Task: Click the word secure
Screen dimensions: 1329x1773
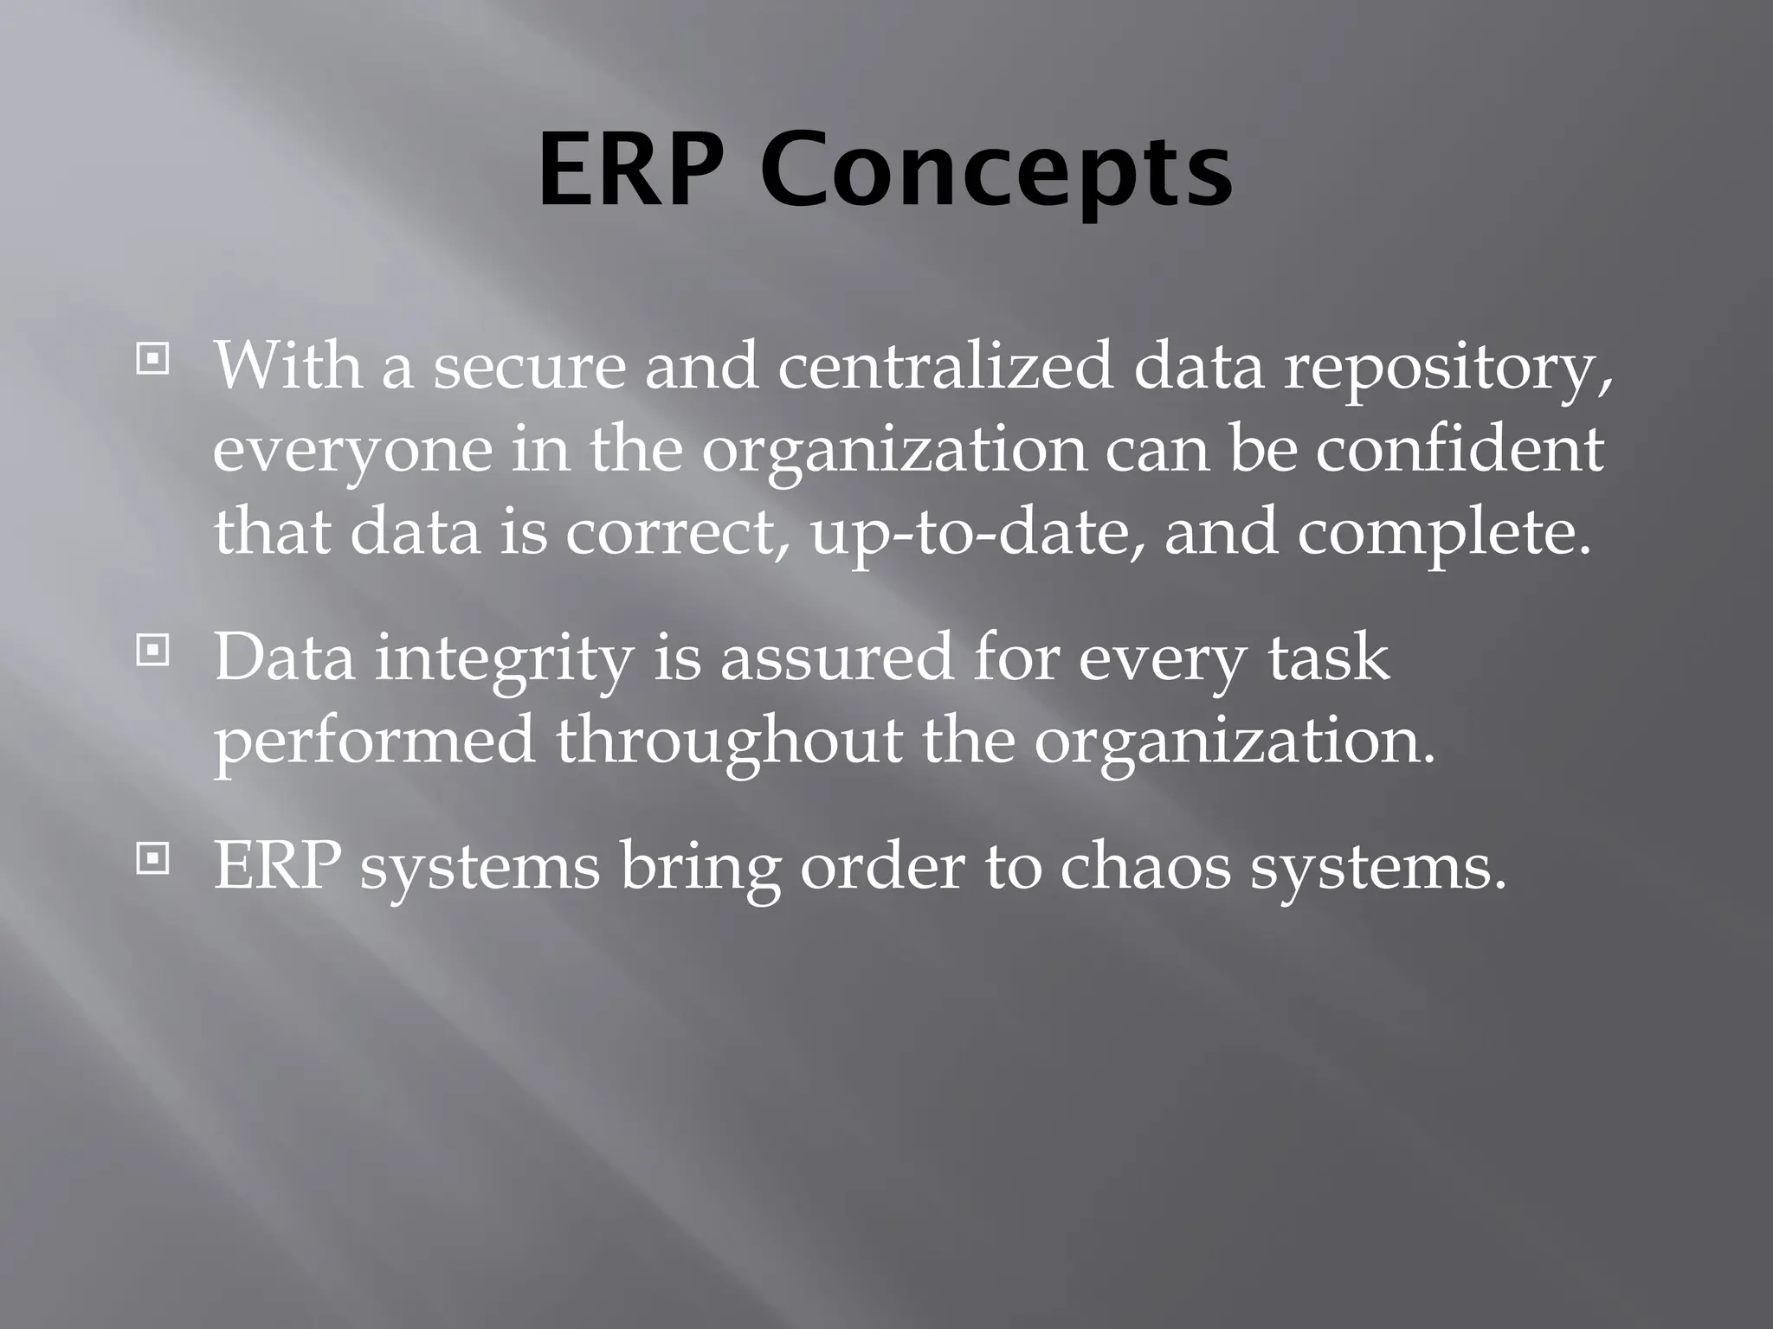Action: pos(529,367)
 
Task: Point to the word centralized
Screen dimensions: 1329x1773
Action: pos(945,367)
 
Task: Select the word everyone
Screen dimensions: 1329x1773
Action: pos(351,452)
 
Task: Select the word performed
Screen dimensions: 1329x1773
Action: pos(374,742)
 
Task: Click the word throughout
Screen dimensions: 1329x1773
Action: pos(728,742)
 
